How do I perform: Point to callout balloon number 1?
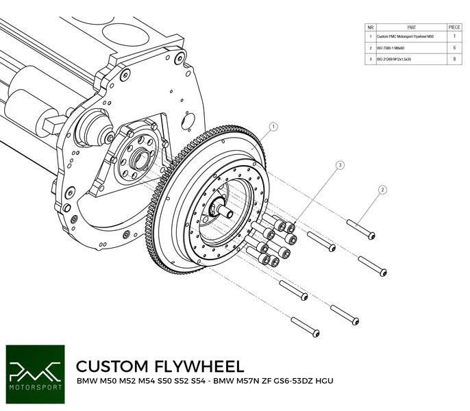[273, 127]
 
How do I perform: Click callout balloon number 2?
[383, 190]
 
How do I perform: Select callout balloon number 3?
[339, 165]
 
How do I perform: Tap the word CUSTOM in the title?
[112, 365]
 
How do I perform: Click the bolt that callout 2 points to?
[362, 229]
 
